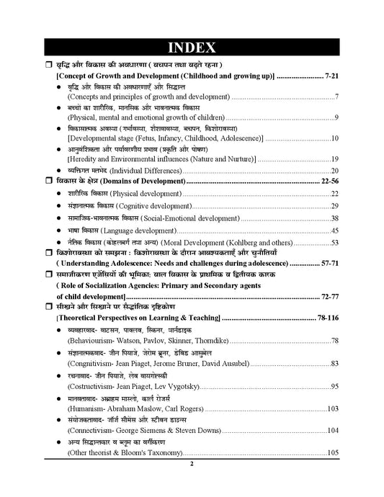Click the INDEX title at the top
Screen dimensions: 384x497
tap(192, 48)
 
